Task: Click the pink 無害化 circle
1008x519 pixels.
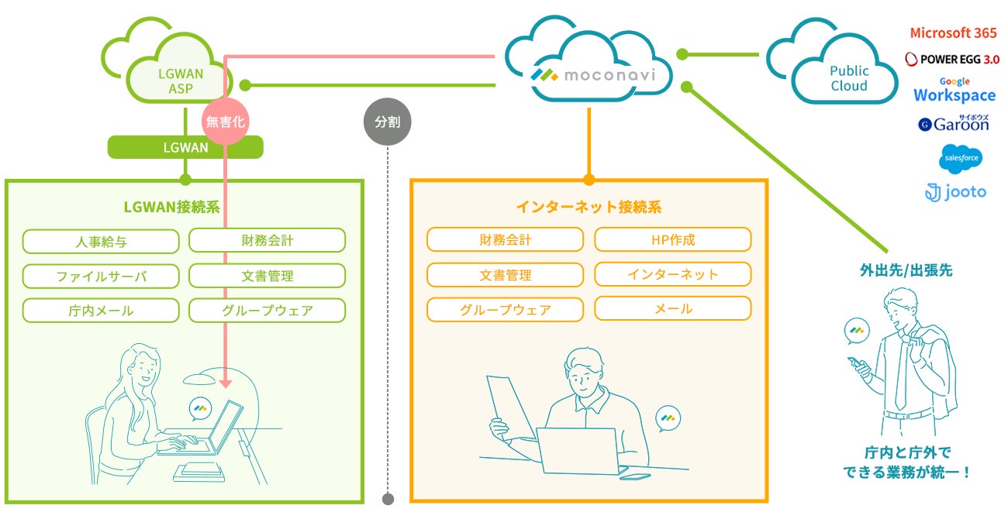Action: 224,122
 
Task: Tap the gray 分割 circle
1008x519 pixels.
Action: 387,122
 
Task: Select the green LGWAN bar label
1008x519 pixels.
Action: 185,147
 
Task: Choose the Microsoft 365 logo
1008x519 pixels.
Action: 953,33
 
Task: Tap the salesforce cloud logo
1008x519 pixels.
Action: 961,159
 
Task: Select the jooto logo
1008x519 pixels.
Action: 955,191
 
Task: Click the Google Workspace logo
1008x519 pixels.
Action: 954,92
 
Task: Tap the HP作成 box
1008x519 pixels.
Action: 672,239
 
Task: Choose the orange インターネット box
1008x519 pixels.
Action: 672,274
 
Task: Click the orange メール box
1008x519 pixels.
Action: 672,308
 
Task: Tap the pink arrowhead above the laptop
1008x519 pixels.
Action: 225,382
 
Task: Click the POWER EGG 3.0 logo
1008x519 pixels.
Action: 952,60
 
